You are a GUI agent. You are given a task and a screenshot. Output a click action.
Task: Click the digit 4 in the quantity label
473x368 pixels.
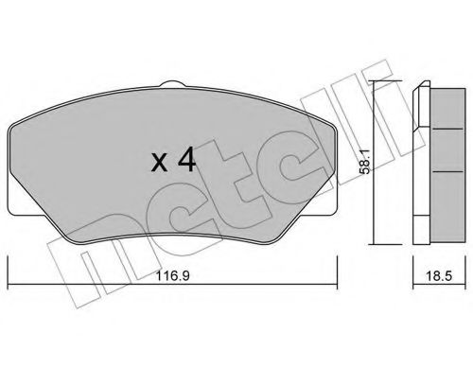[x=186, y=160]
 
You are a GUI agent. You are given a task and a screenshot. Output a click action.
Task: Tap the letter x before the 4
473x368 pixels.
[x=162, y=163]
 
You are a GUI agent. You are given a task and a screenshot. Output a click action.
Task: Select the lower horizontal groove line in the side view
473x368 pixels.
[x=440, y=174]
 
